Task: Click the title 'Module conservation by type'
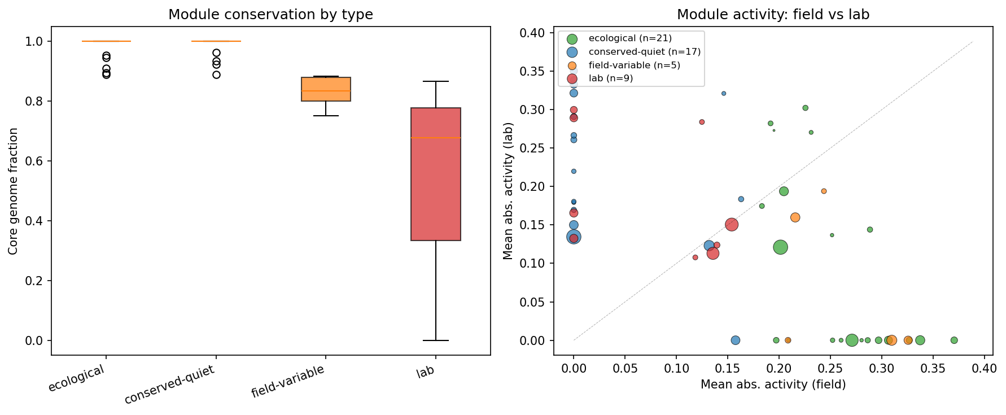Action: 270,15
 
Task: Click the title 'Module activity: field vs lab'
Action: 773,15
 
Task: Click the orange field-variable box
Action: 326,89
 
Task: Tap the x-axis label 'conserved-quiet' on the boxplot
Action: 170,385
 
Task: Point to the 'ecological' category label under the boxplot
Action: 76,378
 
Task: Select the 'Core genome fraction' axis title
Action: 13,191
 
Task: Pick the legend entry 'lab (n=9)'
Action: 610,78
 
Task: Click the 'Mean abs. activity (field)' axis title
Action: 773,385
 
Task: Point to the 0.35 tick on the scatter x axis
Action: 933,368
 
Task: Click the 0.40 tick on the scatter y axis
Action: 532,33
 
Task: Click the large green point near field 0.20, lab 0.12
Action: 780,247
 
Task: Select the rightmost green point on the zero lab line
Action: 954,340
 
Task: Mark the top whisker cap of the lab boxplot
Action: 435,81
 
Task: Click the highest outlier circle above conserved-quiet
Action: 216,53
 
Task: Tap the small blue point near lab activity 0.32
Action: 723,94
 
